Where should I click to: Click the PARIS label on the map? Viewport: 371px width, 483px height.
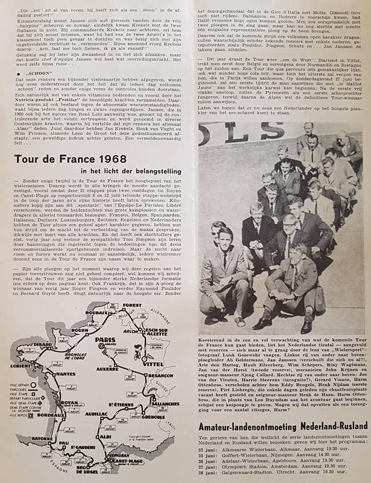coord(106,340)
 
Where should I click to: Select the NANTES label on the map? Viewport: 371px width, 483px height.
coord(66,374)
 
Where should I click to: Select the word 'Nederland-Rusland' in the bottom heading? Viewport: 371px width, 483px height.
coord(331,426)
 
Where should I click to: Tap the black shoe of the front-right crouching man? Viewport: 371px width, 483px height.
coord(306,326)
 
